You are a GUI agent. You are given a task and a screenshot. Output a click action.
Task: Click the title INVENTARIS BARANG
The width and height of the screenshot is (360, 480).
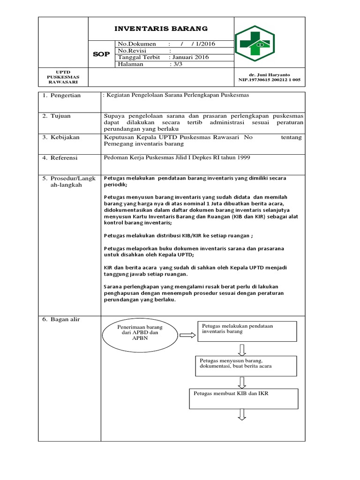tap(161, 28)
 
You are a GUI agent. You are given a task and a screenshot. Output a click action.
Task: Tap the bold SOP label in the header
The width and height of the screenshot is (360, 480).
tap(101, 54)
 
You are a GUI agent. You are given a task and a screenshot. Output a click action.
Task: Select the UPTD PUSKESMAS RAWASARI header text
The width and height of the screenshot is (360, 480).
tap(63, 77)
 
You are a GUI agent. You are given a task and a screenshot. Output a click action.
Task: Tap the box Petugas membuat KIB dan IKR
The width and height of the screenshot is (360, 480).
tap(243, 398)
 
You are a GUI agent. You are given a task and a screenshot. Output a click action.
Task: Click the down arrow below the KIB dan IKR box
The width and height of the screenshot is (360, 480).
tap(243, 414)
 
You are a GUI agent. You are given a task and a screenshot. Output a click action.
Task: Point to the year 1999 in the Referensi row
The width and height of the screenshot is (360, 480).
tap(242, 157)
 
